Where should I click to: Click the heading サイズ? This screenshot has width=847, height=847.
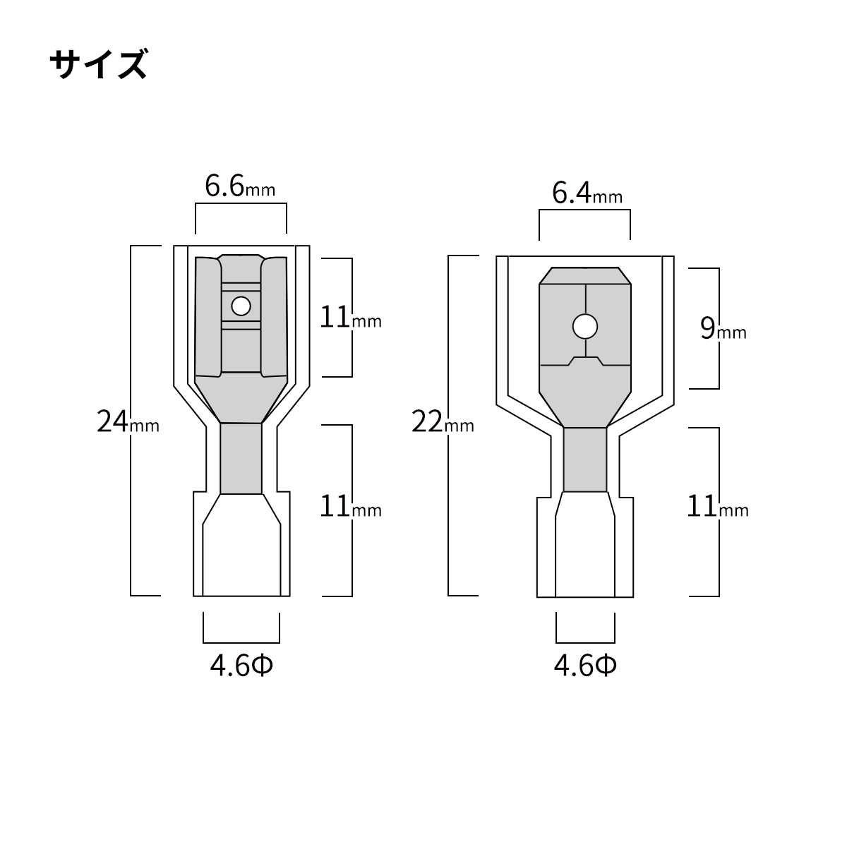[99, 65]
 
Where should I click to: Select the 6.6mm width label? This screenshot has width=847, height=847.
[239, 187]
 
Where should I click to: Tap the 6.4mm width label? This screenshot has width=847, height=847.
[587, 193]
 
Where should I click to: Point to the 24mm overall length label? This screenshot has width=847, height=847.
[128, 423]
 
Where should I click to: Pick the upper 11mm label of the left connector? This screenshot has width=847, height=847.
[350, 318]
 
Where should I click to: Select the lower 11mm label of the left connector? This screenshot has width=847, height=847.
[350, 507]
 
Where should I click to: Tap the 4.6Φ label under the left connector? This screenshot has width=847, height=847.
[241, 666]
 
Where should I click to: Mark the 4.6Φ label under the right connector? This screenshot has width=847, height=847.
[585, 666]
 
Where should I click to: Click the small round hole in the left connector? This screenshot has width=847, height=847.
[241, 306]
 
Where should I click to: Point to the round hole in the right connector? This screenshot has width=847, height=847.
[585, 326]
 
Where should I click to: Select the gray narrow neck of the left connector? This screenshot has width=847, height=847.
[241, 459]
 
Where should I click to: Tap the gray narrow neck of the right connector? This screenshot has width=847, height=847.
[585, 459]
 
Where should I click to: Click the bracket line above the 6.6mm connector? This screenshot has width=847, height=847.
[241, 205]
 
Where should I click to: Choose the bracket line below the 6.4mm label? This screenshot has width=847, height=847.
[584, 210]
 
